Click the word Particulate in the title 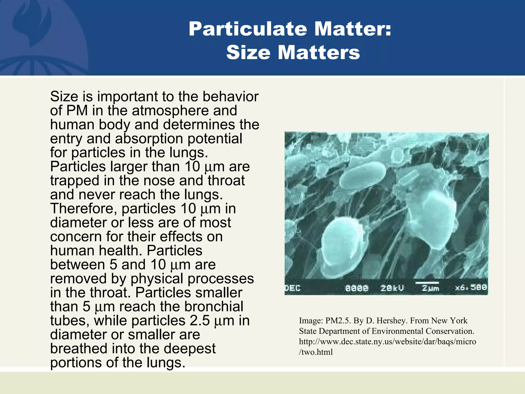pos(248,29)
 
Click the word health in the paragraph pos(120,251)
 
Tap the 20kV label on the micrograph pos(392,288)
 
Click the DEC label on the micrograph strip pos(293,288)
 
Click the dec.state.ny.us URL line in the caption pos(387,342)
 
